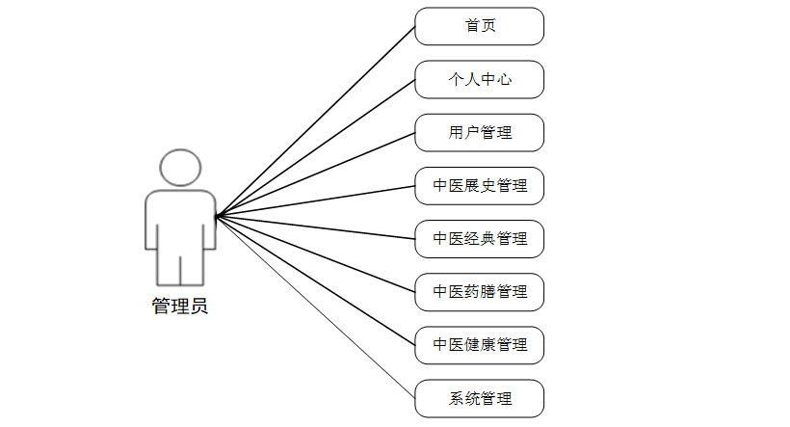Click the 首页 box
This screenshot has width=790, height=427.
479,26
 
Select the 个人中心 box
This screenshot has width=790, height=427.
479,79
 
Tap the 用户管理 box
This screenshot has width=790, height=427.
479,132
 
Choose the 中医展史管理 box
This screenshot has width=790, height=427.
479,185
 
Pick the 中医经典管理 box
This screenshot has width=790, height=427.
479,238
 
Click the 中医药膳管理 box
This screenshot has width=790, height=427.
479,291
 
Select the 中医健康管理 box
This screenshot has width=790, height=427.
479,344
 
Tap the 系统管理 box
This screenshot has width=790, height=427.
479,397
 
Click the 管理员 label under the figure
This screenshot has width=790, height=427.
179,307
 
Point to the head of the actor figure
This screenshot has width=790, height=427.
180,168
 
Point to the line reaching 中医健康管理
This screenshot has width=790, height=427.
315,280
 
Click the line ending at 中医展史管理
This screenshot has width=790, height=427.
315,200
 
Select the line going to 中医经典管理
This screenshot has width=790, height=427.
315,227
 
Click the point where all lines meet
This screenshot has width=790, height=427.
216,215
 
